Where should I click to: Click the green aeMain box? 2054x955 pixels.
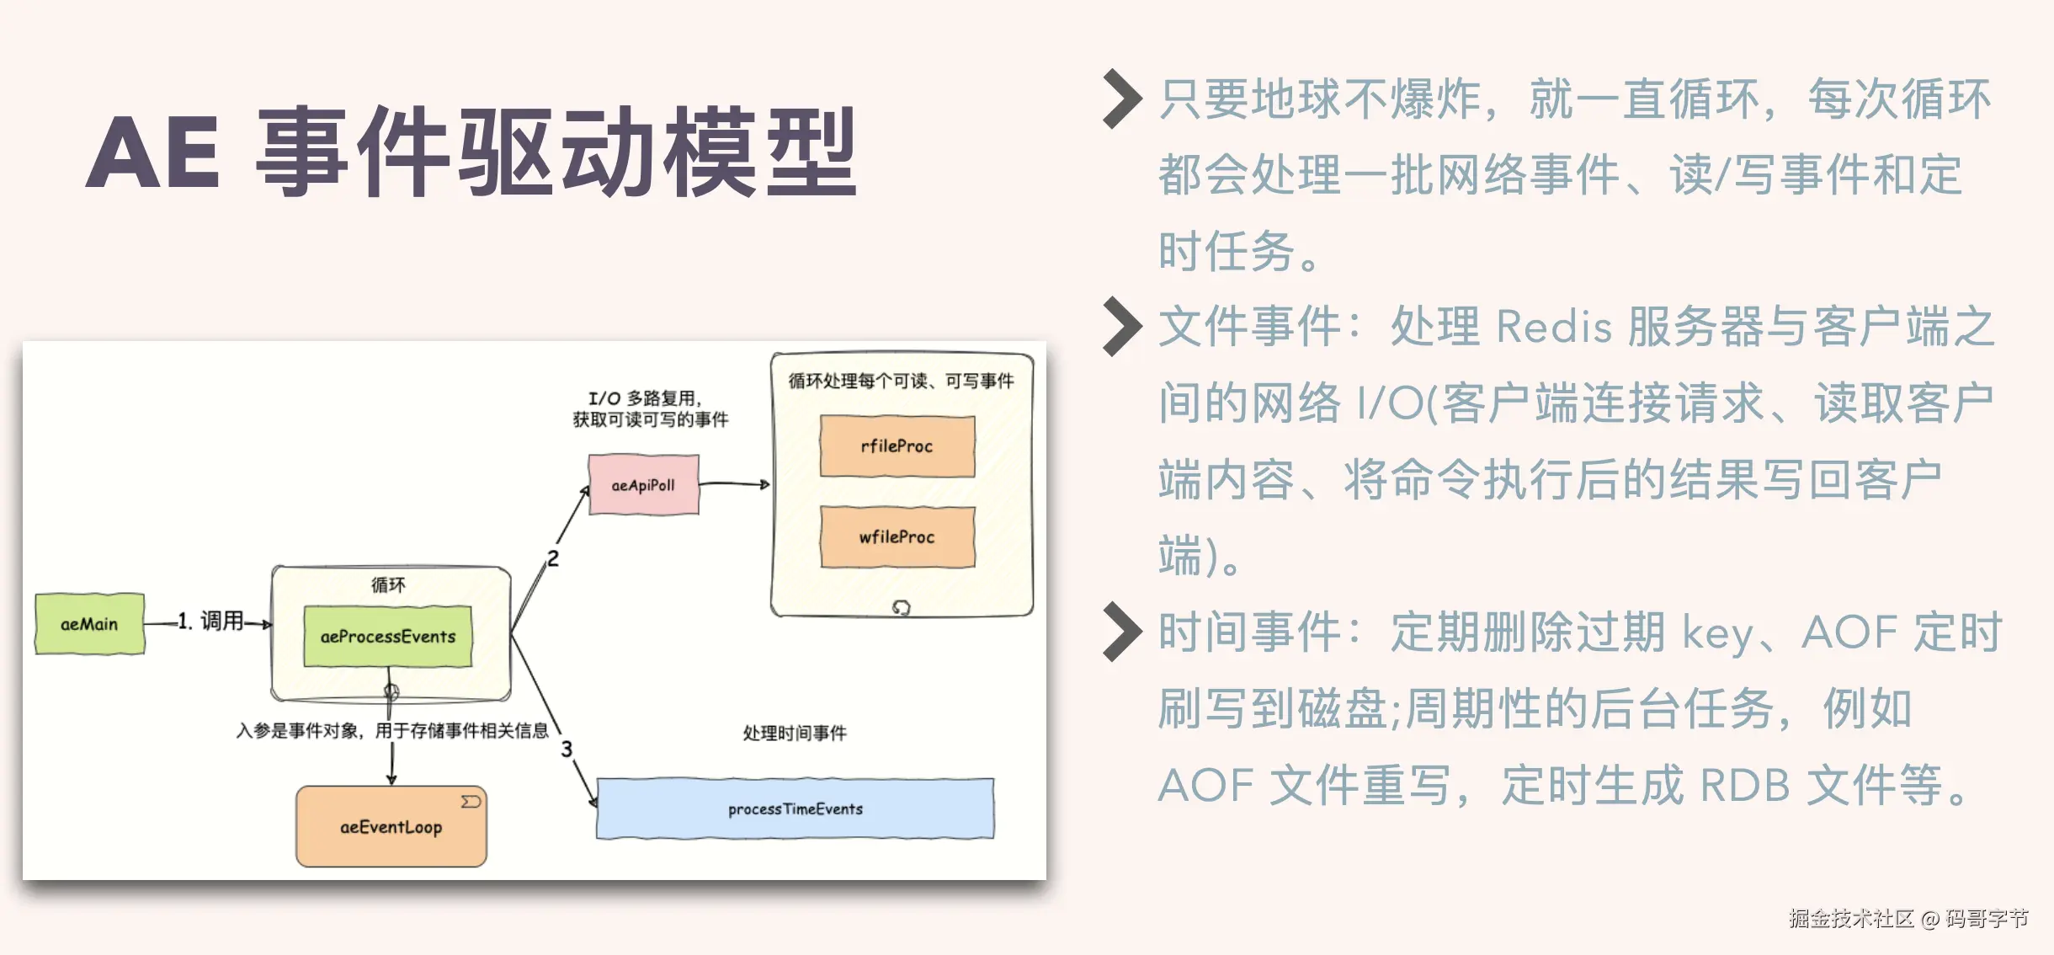coord(89,624)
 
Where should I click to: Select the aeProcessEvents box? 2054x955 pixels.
coord(387,637)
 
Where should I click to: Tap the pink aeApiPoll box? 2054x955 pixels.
coord(643,485)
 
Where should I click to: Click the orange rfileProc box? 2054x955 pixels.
coord(897,446)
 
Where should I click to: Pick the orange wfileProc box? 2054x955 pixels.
coord(897,537)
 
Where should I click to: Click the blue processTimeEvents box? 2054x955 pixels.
coord(795,808)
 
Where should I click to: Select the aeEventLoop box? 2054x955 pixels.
coord(391,827)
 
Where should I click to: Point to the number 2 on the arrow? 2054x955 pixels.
coord(553,558)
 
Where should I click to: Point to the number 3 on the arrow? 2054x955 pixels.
coord(567,749)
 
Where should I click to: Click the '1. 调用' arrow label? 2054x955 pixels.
coord(210,622)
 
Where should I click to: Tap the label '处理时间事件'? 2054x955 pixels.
coord(795,733)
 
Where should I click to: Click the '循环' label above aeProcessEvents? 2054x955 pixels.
coord(388,584)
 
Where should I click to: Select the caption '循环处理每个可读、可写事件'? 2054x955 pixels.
coord(901,381)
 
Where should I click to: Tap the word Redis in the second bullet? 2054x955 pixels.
coord(1553,327)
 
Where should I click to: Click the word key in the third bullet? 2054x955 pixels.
coord(1717,633)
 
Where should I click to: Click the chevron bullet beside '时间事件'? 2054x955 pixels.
coord(1122,632)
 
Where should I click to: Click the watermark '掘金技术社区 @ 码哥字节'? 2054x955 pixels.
coord(1908,918)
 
